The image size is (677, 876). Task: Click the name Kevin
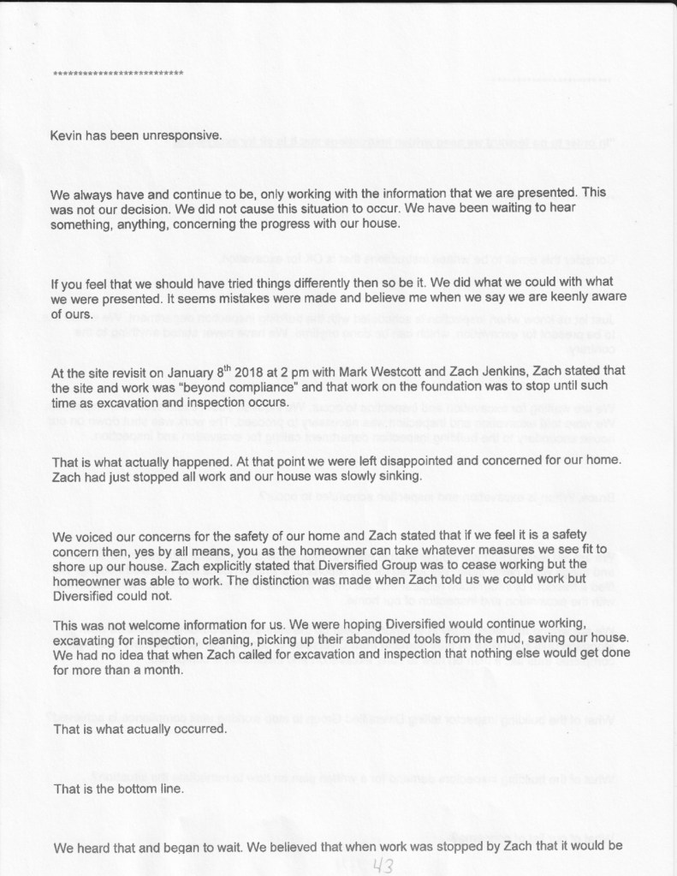point(71,134)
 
